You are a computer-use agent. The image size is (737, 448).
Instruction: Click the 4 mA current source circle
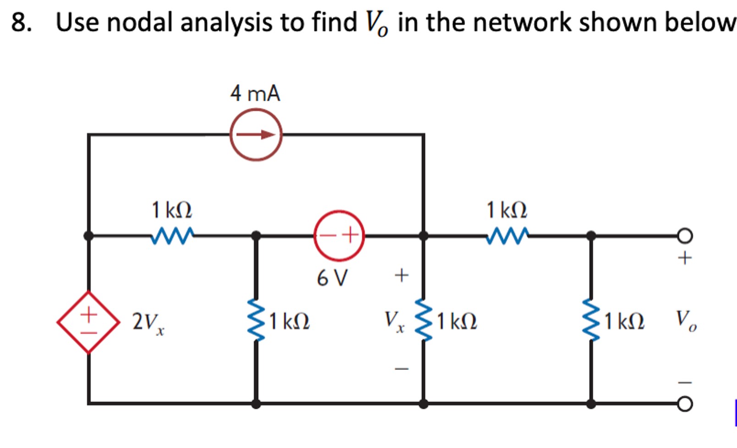click(256, 134)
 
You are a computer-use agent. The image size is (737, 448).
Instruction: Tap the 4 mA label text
click(255, 94)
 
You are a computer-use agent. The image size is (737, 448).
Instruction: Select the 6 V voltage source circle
click(339, 236)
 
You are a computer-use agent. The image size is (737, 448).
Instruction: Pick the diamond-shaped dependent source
click(89, 322)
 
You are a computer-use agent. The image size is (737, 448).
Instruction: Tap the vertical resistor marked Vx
click(423, 321)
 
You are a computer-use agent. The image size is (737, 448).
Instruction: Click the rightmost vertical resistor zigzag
click(591, 321)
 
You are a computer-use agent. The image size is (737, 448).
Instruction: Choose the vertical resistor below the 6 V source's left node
click(256, 321)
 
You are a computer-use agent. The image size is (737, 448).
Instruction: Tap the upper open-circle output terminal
click(685, 236)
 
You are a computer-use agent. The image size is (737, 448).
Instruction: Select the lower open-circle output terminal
click(685, 404)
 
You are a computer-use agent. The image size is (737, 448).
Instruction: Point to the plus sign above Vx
click(401, 276)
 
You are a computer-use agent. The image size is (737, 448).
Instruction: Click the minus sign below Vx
click(401, 368)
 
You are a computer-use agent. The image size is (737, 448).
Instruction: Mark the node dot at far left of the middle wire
click(89, 236)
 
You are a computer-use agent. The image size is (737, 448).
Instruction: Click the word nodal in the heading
click(142, 22)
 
